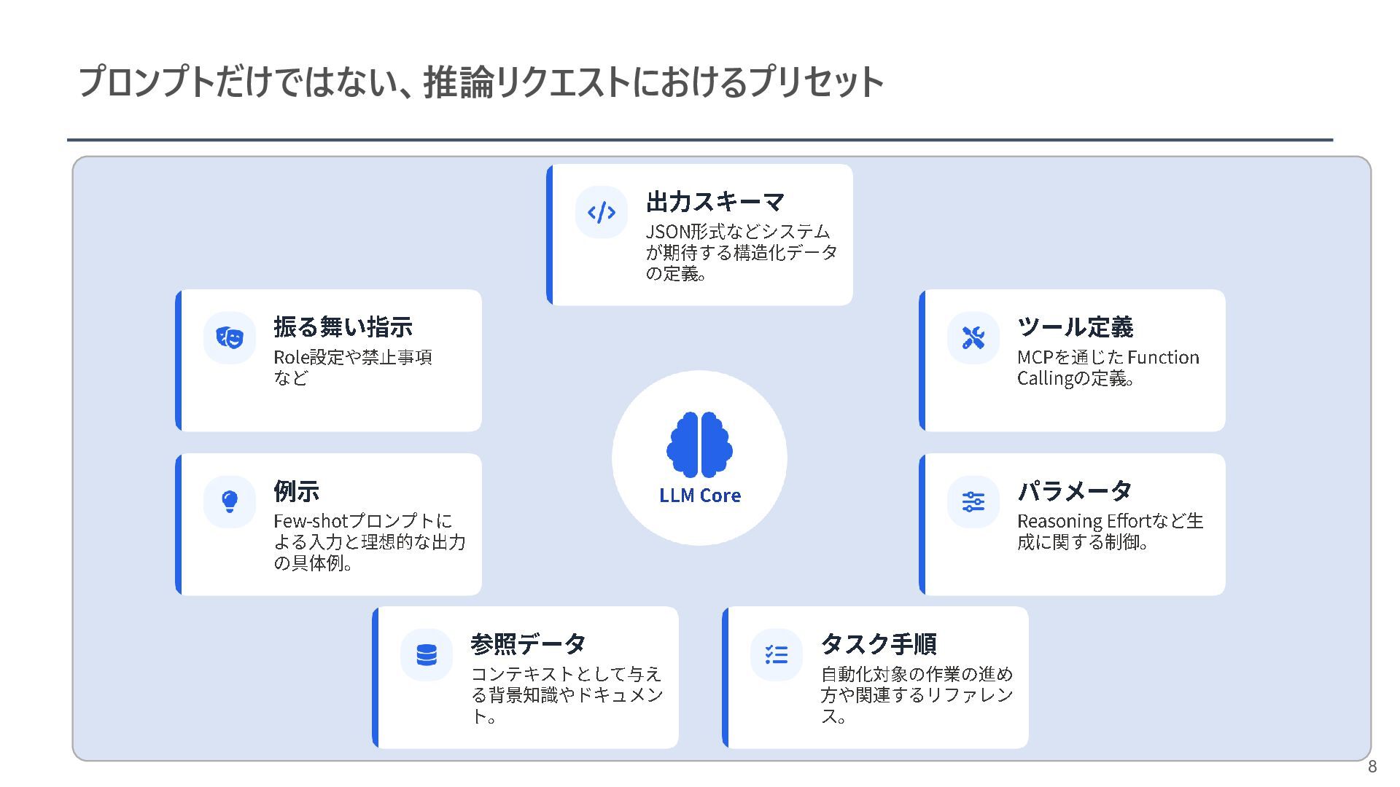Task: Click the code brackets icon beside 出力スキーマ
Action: click(x=602, y=213)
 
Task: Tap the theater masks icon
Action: click(x=230, y=337)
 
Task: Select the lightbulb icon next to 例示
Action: click(x=230, y=501)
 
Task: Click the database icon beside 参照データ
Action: click(x=427, y=655)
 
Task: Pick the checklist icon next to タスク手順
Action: click(x=777, y=655)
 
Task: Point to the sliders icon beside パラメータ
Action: click(x=973, y=501)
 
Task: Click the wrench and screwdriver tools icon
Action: click(x=973, y=337)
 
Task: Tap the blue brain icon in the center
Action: click(x=700, y=445)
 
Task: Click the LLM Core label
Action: click(x=700, y=496)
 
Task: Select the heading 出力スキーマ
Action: click(x=715, y=202)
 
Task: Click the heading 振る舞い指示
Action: click(x=343, y=327)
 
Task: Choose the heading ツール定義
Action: click(x=1076, y=327)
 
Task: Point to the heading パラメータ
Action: click(x=1075, y=491)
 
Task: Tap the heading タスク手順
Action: click(x=879, y=644)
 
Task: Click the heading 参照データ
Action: click(x=528, y=644)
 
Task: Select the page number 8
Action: click(x=1372, y=767)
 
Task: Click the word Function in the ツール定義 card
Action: click(x=1163, y=358)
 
